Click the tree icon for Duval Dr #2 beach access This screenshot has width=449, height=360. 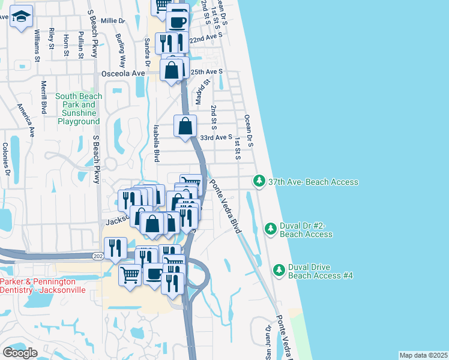(271, 228)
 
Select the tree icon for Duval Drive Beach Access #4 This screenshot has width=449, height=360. (279, 270)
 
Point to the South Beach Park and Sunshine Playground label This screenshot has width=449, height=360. (77, 109)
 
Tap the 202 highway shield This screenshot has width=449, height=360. (98, 256)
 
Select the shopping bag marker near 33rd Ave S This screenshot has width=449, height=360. (185, 127)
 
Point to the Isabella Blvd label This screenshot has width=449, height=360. (156, 143)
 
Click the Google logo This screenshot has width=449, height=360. (20, 352)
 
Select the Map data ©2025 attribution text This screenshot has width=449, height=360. (423, 355)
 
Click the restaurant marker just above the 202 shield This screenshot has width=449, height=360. (115, 247)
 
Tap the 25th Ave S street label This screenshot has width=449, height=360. (206, 71)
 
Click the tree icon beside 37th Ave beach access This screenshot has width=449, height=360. (259, 181)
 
